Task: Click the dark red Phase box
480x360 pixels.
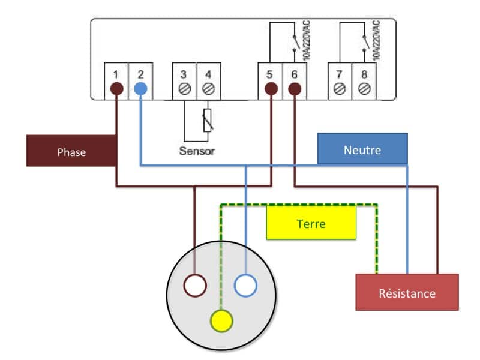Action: coord(71,151)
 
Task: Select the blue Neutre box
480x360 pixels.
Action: coord(362,149)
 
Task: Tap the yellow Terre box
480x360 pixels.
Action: coord(311,223)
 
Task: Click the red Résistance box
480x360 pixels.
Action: coord(407,292)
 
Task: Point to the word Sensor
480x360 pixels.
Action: coord(197,151)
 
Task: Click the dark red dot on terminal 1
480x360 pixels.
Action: coord(116,89)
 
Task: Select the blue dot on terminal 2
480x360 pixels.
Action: coord(140,89)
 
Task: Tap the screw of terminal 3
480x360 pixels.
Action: coord(184,89)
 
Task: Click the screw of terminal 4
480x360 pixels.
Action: coord(208,89)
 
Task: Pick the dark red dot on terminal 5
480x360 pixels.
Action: coord(271,89)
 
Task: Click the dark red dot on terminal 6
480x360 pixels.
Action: coord(295,89)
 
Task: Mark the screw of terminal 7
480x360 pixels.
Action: coord(340,89)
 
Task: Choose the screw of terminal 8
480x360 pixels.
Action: coord(364,89)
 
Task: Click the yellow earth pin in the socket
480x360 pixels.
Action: coord(221,321)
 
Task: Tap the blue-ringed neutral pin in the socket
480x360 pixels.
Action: coord(245,286)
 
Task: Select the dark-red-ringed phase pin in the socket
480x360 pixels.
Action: coord(195,286)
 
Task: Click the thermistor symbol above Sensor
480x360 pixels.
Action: coord(208,121)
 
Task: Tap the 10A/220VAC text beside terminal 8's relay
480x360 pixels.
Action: coord(376,40)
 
